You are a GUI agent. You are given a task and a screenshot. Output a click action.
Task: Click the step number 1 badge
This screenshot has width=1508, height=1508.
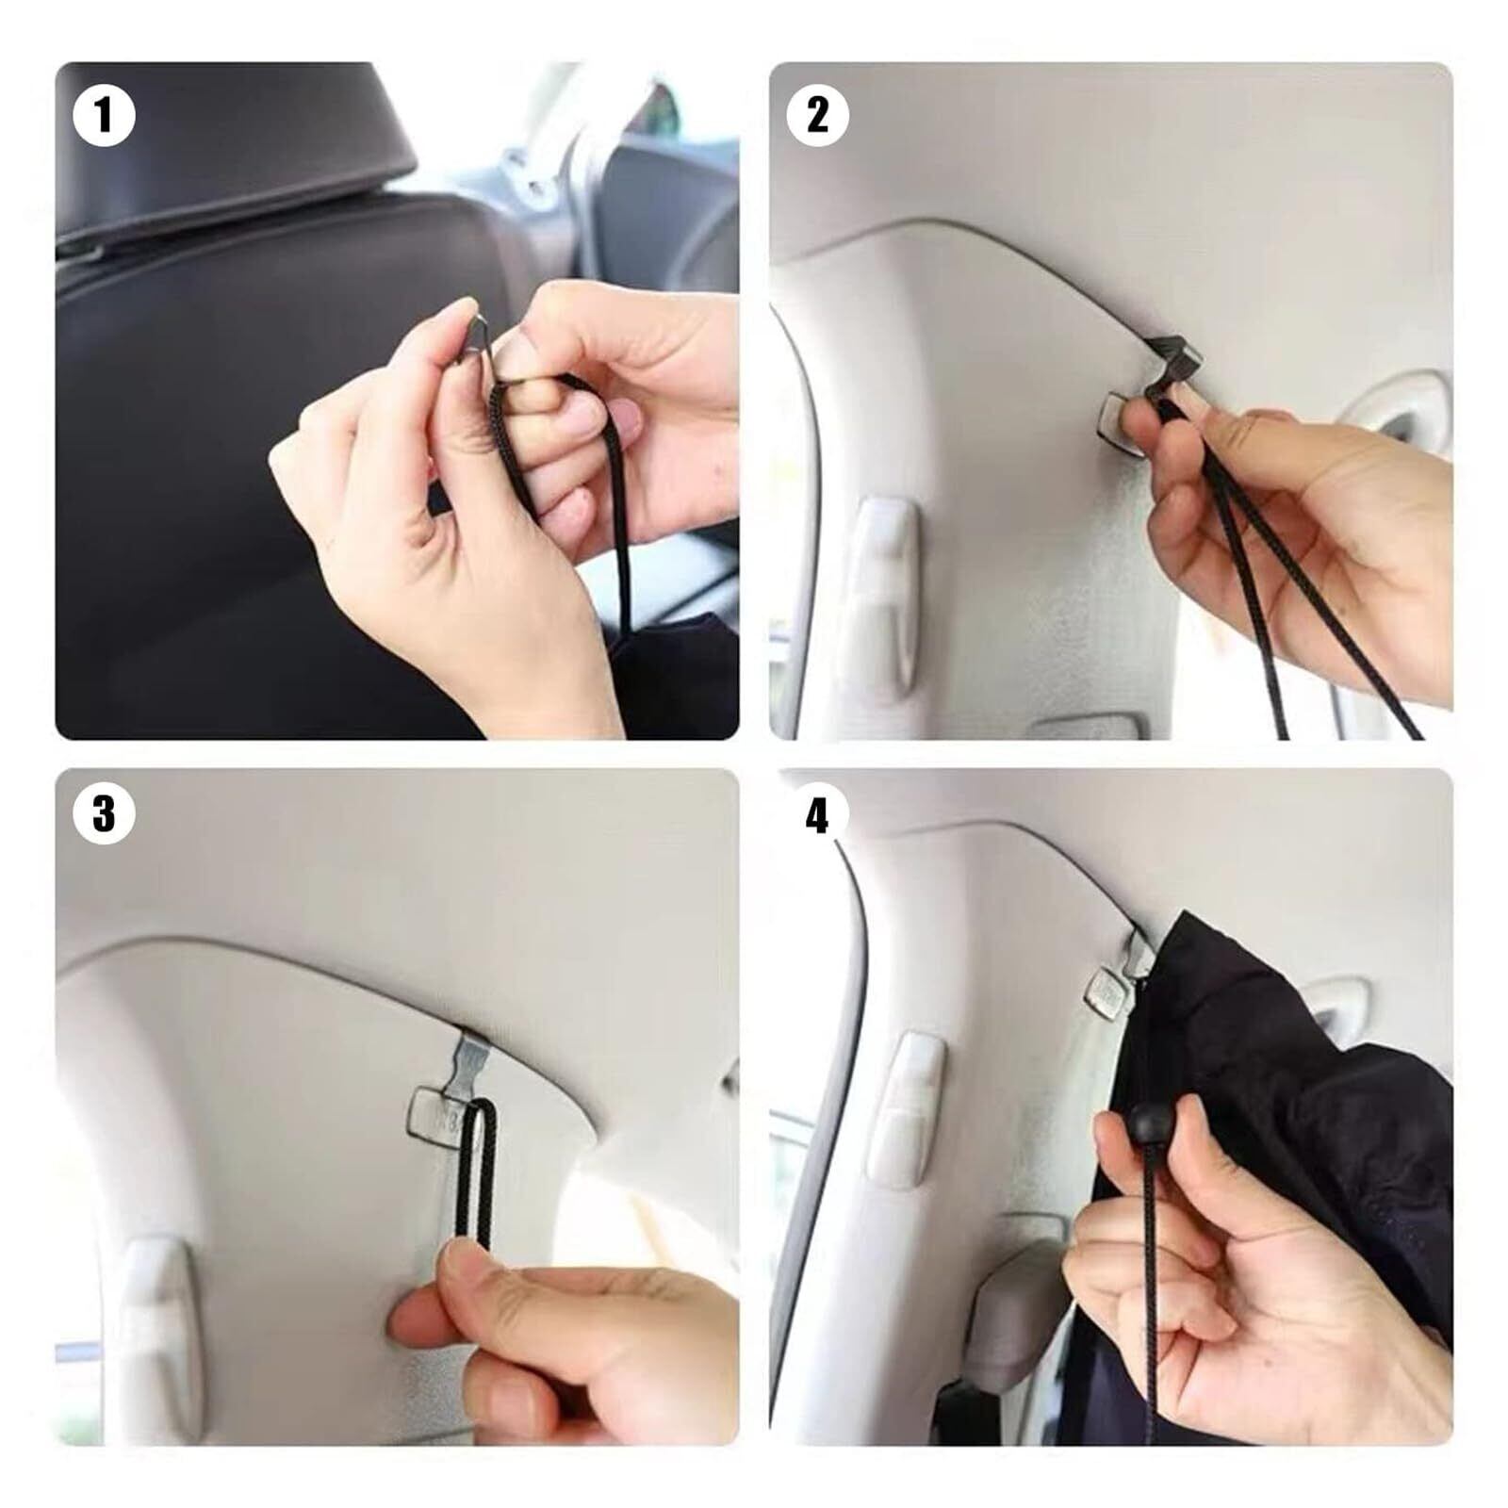(104, 116)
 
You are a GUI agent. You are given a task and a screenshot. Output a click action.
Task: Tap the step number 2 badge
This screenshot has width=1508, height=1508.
(817, 116)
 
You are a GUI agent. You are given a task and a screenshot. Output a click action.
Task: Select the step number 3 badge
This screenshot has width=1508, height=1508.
(104, 812)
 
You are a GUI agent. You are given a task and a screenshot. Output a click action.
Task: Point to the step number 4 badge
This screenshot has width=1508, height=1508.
(817, 812)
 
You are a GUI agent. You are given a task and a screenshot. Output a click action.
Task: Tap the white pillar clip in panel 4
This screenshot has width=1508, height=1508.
(906, 1107)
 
